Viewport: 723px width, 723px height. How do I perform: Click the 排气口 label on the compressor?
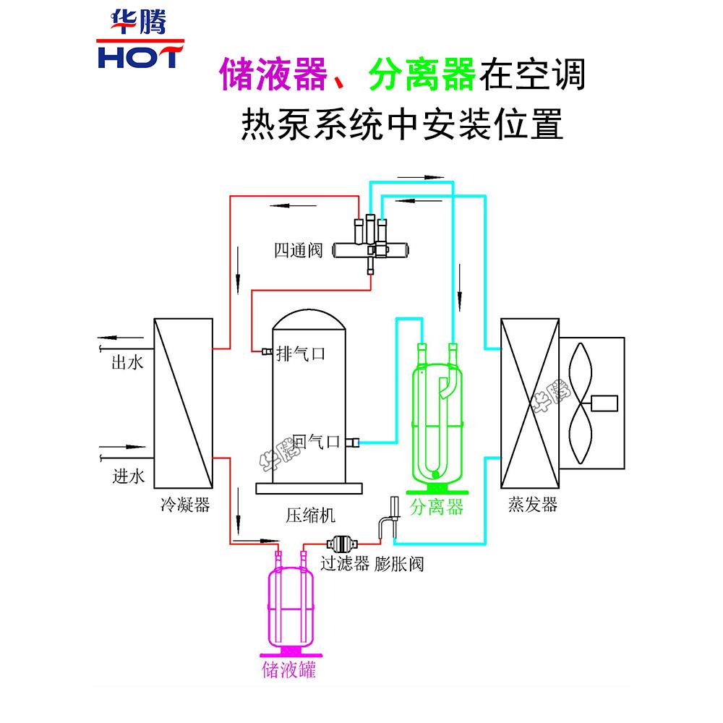[301, 354]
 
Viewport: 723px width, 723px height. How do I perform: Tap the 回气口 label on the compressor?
[317, 441]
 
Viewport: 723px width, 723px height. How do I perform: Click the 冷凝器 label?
[184, 505]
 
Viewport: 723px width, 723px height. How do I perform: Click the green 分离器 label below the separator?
[436, 507]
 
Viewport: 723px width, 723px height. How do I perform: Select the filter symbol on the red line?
[339, 542]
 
